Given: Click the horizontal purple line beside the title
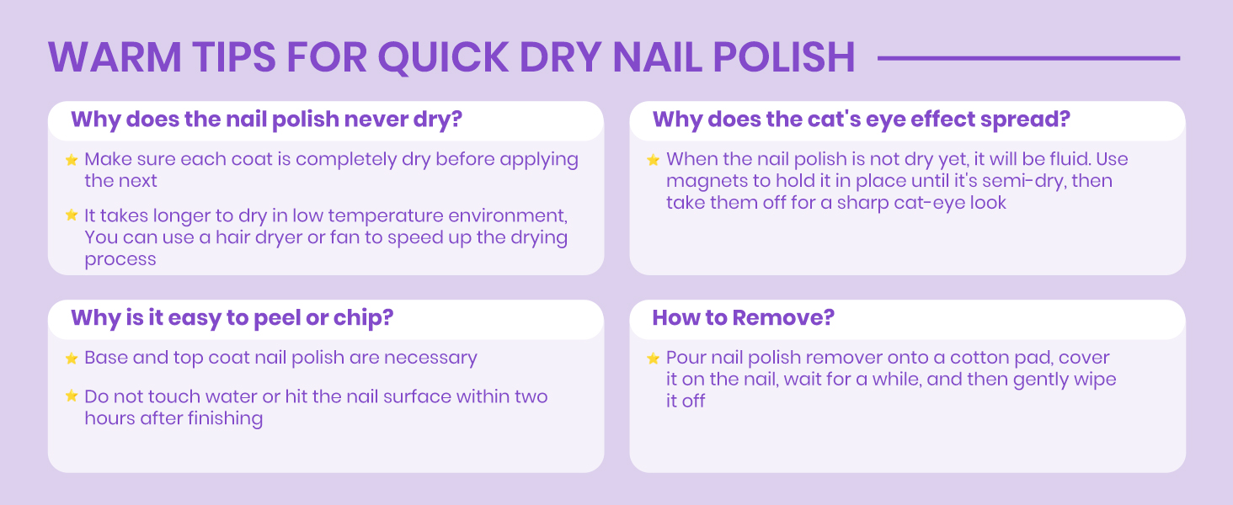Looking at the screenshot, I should (x=1028, y=58).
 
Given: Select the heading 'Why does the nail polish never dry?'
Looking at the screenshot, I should (x=267, y=119).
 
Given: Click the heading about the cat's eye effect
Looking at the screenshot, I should (x=861, y=119).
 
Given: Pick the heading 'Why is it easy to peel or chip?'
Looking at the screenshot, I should (x=232, y=317).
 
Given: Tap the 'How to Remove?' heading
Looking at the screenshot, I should (x=743, y=317).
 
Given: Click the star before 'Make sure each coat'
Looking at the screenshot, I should (x=72, y=159).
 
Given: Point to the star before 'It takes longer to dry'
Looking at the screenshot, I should (x=72, y=215).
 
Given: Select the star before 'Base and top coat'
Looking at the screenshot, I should (x=72, y=359).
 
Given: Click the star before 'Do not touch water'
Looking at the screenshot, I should (x=72, y=396).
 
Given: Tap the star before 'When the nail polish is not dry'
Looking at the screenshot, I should (x=653, y=159).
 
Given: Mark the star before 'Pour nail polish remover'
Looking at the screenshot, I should (x=653, y=359).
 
